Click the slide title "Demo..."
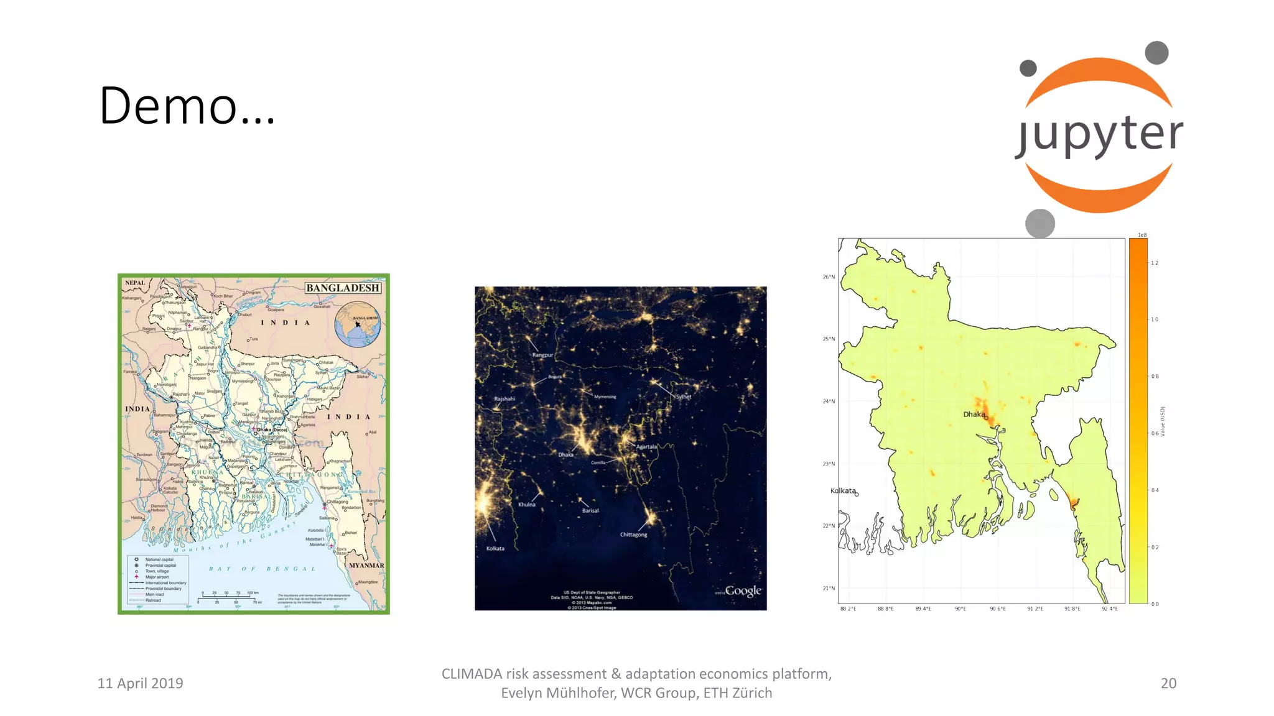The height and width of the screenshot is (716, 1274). tap(187, 106)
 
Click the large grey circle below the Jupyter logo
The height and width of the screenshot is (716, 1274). tap(1040, 223)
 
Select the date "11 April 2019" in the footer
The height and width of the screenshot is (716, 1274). tap(140, 683)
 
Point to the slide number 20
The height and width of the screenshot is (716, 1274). tap(1168, 683)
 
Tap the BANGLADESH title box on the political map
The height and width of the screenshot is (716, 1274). tap(343, 288)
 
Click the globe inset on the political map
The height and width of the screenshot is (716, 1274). tap(358, 324)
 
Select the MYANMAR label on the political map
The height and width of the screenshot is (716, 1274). tap(366, 566)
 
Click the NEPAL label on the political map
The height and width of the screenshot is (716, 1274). tap(135, 283)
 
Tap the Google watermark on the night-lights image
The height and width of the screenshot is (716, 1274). tap(743, 590)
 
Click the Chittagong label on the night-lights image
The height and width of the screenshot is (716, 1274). tap(633, 535)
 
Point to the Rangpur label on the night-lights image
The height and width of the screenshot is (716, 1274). tap(542, 355)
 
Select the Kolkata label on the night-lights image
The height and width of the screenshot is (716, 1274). tap(495, 548)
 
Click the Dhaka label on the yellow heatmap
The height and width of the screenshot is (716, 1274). tap(974, 415)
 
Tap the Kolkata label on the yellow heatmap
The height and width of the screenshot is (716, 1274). tap(843, 490)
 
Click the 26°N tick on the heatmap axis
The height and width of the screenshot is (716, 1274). tap(829, 277)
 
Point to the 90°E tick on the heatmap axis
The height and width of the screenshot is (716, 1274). tap(960, 609)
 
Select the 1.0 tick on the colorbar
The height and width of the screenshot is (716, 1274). tap(1155, 319)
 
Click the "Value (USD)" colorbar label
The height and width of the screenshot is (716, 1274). tap(1163, 421)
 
